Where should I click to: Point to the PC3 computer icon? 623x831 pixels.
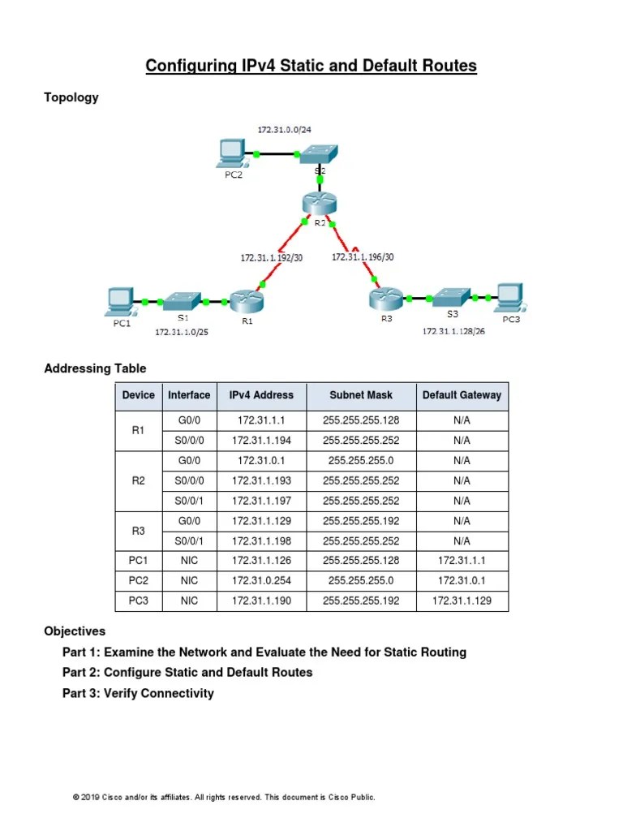point(509,298)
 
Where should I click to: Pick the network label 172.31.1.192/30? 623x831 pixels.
point(271,257)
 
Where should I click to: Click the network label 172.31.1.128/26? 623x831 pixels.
point(453,332)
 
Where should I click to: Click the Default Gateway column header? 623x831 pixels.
point(462,396)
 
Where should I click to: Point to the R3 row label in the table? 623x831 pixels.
point(138,531)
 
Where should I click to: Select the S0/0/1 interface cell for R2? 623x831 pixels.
point(188,501)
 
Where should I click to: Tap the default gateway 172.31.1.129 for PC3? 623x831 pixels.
point(462,601)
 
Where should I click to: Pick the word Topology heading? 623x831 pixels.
point(71,97)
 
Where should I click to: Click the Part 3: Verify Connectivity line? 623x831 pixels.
point(138,693)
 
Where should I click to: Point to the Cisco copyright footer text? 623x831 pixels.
point(224,798)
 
